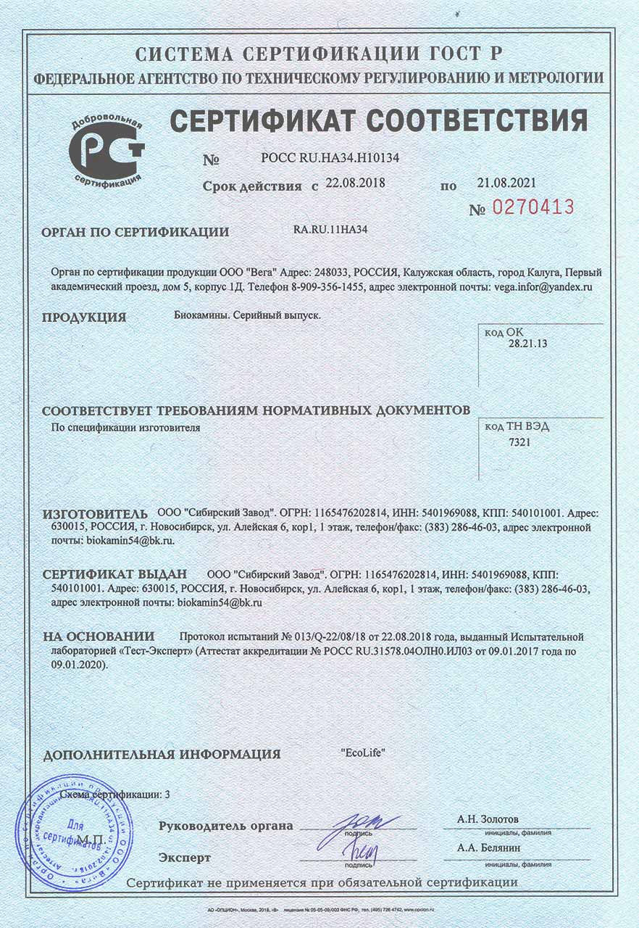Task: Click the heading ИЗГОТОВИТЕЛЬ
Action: tap(95, 514)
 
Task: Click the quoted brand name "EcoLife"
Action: tap(363, 753)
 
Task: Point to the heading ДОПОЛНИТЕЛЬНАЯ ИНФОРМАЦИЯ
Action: tap(162, 755)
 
